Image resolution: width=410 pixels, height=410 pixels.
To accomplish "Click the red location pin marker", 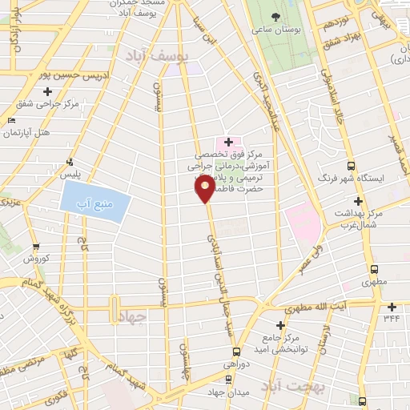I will coord(205,189).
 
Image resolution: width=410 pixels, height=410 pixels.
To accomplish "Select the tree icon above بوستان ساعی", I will coord(276,17).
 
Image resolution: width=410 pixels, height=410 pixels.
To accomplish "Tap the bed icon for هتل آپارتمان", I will coord(10,120).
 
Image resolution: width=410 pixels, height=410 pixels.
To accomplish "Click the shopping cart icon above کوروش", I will coord(35,247).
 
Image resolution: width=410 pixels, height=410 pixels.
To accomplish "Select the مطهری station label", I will coord(373,283).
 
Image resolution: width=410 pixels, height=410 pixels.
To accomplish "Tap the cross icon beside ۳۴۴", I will coord(392,307).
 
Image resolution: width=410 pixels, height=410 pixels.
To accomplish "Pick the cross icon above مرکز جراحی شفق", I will coord(48,91).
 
